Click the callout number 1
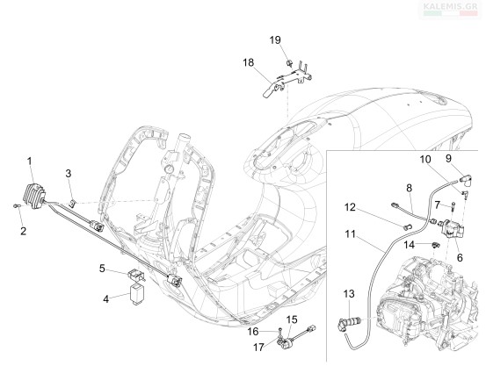[x=30, y=161]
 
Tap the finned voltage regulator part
[x=35, y=197]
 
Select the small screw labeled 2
[x=17, y=205]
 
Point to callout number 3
[x=69, y=174]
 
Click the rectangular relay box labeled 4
[x=135, y=294]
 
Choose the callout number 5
[x=102, y=269]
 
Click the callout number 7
[x=438, y=205]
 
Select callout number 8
[x=410, y=188]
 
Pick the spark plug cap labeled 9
[x=466, y=179]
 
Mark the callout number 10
[x=425, y=160]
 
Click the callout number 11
[x=351, y=234]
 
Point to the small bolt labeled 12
[x=406, y=227]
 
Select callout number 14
[x=410, y=245]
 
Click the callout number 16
[x=253, y=332]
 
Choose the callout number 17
[x=258, y=348]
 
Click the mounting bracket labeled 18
[x=287, y=81]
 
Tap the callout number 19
[x=275, y=40]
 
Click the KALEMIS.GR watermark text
[x=450, y=5]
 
